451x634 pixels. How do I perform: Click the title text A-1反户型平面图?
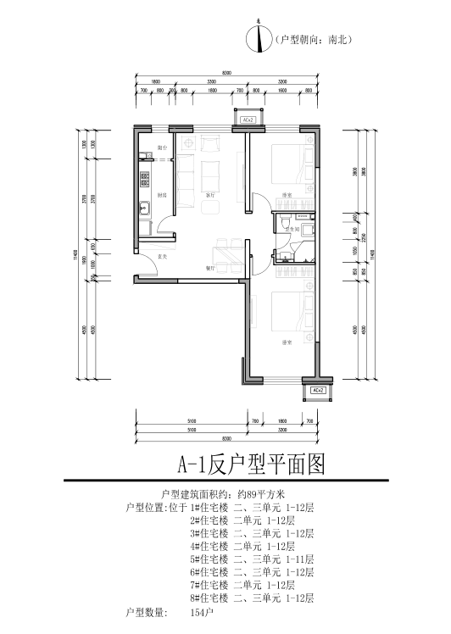(250, 464)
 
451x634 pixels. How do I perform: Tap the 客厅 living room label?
(210, 196)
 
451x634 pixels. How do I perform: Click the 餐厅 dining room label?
(210, 268)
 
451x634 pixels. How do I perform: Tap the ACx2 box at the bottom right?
(318, 390)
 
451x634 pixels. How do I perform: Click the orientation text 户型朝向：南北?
(314, 40)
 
